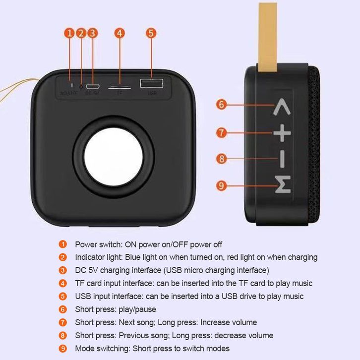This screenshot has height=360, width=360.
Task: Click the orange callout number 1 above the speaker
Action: point(69,33)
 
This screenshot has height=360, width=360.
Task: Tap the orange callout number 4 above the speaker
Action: point(119,33)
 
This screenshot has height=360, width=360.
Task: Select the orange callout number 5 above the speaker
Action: point(151,33)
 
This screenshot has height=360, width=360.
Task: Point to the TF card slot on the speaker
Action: point(120,86)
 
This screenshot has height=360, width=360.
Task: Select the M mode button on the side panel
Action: point(282,186)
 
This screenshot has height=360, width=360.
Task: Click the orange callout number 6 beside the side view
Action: point(222,104)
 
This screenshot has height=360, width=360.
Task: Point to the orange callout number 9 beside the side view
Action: point(222,186)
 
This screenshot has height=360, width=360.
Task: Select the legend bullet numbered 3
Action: point(62,270)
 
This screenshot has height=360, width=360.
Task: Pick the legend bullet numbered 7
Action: point(62,322)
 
